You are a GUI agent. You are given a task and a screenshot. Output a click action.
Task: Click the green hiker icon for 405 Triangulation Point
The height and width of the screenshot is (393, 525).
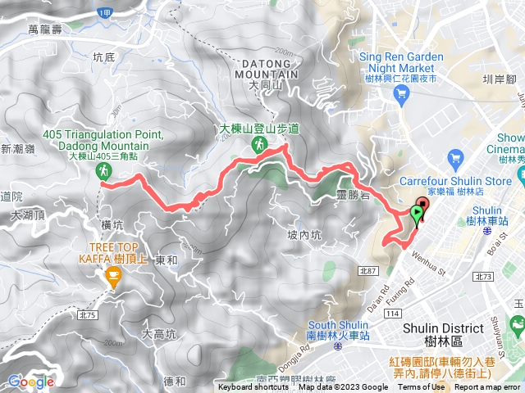coord(103,171)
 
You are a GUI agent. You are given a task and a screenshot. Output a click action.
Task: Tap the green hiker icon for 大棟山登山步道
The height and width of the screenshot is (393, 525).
coord(259,145)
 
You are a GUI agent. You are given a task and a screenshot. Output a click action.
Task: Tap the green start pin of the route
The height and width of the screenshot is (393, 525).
coord(417,215)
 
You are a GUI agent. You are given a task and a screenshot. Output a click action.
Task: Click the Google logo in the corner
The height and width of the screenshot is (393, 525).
coord(30,381)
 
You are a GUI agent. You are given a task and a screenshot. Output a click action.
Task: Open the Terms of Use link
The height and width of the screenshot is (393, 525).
coord(422,387)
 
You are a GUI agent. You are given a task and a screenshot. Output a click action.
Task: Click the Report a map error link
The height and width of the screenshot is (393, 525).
coord(489,387)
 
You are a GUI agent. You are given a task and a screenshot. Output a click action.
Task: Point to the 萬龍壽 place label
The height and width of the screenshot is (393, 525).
coord(45,29)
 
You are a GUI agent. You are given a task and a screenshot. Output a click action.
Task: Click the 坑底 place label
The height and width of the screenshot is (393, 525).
coord(104,57)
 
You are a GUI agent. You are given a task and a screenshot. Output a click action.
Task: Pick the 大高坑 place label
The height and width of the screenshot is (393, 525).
coord(158,333)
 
